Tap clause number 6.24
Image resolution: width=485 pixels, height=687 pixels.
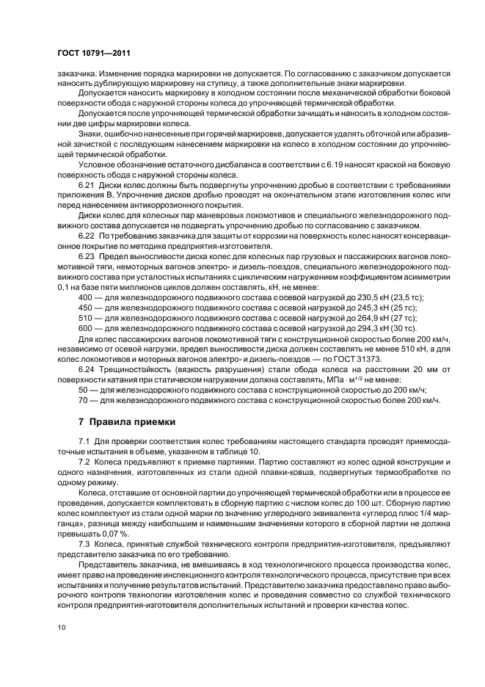(87, 369)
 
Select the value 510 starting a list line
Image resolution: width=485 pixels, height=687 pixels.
(85, 319)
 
